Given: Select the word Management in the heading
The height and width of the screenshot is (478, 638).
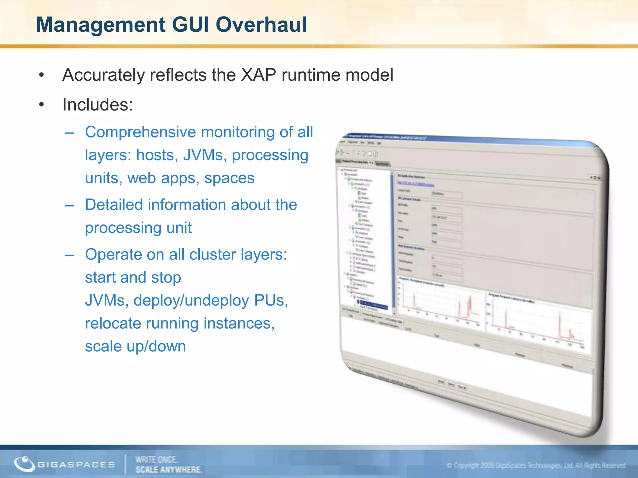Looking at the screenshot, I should coord(101,25).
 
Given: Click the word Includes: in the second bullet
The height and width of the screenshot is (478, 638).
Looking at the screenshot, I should coord(98,105).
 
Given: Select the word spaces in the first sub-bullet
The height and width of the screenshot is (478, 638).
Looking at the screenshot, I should coord(229,178).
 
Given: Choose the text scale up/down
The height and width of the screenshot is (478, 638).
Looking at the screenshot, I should coord(135,346).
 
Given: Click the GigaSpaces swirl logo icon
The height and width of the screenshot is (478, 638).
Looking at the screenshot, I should coord(24,464).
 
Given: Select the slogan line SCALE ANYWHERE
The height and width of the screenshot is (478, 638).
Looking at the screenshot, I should coord(169,470).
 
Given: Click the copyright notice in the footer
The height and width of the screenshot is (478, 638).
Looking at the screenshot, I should coord(536,466).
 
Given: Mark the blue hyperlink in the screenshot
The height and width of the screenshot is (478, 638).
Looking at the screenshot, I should coord(416,184).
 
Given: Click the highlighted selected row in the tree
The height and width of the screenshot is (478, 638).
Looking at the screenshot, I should coord(372,304).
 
